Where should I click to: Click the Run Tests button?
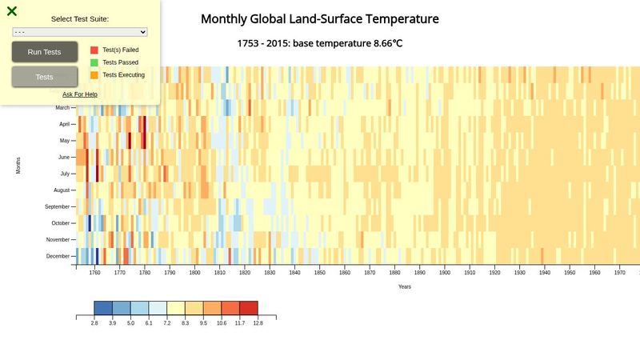tap(44, 52)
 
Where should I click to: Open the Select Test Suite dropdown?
tap(80, 32)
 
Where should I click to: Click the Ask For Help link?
tap(80, 94)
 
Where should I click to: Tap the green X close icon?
tap(12, 11)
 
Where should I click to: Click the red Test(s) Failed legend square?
tap(94, 50)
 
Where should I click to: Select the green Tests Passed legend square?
tap(94, 62)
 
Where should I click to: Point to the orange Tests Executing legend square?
tap(94, 75)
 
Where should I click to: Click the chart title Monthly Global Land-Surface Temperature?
tap(319, 19)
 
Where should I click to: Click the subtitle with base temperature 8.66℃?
tap(319, 43)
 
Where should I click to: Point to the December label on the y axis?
tap(58, 256)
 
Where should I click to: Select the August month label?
tap(62, 190)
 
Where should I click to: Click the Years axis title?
tap(404, 286)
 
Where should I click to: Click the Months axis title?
tap(18, 166)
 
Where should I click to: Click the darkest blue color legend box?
tap(103, 308)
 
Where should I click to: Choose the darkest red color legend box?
tap(249, 308)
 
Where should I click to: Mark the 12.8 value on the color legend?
tap(258, 323)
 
